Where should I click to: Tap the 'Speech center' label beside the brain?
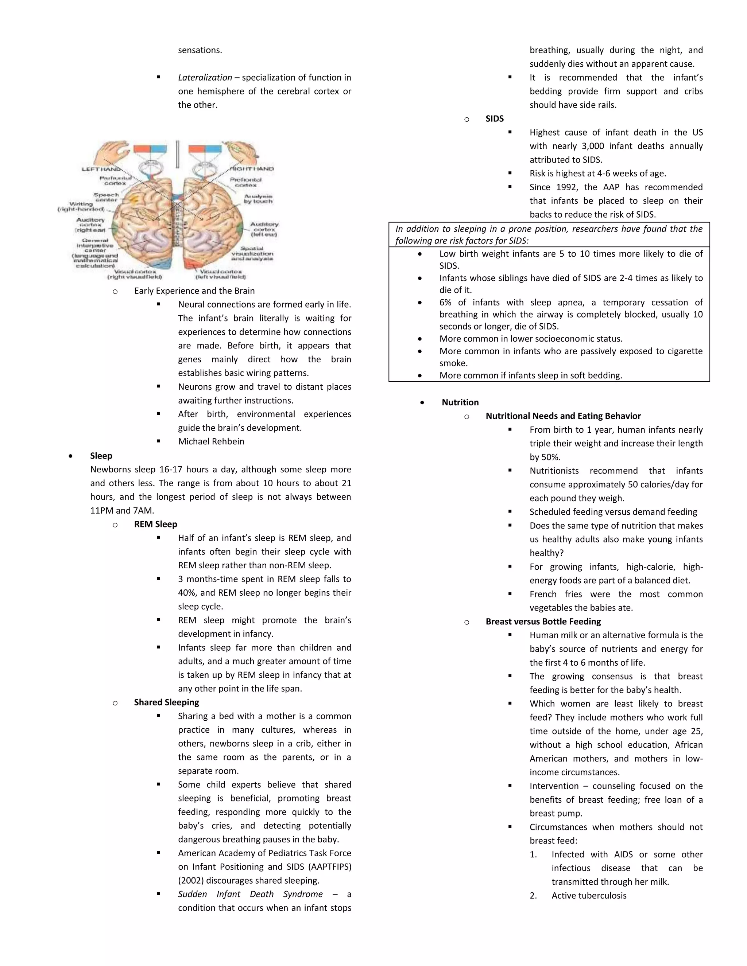point(106,197)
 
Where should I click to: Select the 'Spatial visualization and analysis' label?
point(252,253)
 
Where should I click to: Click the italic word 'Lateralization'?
point(205,77)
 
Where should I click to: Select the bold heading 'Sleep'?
point(101,456)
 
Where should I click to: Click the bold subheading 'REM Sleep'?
point(155,524)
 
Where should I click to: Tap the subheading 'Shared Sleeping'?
point(166,702)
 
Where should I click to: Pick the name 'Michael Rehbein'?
point(211,441)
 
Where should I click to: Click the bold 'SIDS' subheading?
point(494,118)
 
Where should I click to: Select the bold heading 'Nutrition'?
point(460,402)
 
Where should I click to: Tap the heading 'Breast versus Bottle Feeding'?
point(543,622)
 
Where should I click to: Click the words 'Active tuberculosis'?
point(589,896)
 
